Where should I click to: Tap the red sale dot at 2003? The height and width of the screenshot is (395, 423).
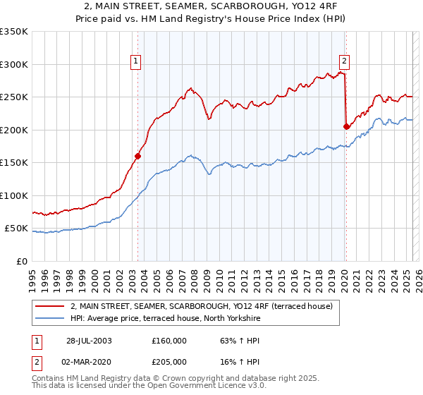click(x=138, y=157)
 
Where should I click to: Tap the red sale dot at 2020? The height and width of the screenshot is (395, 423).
click(x=346, y=127)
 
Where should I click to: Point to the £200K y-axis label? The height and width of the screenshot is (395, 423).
click(x=14, y=130)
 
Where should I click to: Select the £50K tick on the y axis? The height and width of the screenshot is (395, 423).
click(x=16, y=229)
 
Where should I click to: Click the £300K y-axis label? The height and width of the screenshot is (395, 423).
click(x=14, y=64)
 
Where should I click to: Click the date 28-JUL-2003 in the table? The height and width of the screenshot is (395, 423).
click(x=89, y=340)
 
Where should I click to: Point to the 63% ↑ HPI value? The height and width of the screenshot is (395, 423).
click(x=231, y=340)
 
